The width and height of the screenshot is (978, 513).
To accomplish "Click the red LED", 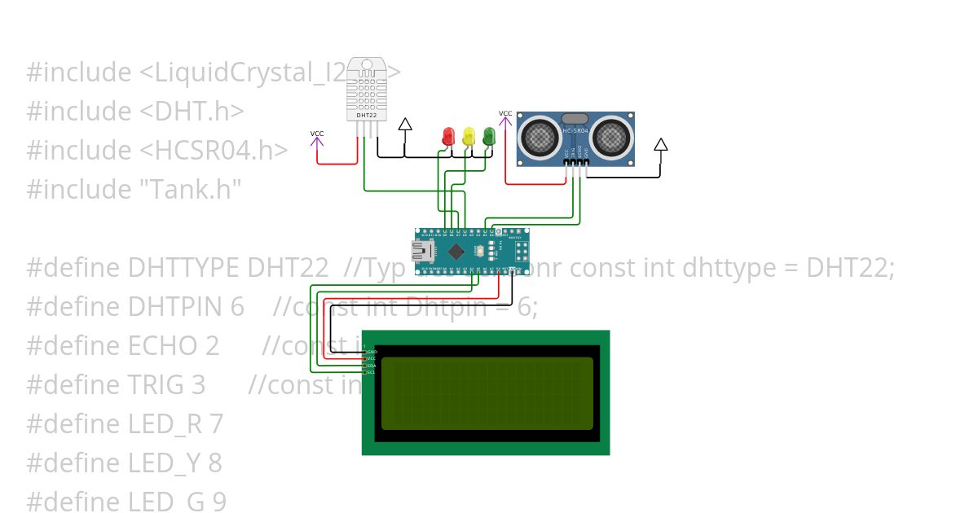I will (x=447, y=137).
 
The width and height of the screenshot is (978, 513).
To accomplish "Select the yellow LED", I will (x=468, y=137).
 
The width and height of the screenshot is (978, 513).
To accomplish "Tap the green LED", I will (x=489, y=136).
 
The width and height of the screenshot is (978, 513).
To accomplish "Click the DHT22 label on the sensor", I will (x=366, y=116).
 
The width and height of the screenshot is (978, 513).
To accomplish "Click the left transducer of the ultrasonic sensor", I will (x=540, y=135).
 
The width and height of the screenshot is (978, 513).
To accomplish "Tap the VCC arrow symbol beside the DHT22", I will (x=317, y=142).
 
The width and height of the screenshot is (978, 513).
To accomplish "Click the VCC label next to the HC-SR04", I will (x=505, y=113).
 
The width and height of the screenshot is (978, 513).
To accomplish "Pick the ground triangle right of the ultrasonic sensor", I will (x=661, y=145).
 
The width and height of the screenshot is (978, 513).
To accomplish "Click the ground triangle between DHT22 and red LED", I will (x=405, y=125).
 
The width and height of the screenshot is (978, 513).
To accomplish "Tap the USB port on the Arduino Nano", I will (x=423, y=250).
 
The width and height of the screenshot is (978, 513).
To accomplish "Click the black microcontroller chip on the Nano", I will (x=458, y=251).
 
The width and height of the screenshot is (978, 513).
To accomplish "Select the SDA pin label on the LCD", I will (x=372, y=366).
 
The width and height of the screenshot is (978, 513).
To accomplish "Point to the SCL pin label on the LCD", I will (x=372, y=372).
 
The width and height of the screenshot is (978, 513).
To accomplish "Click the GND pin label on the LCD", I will (x=372, y=352).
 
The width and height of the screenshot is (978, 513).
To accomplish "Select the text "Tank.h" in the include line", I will (x=187, y=190).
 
